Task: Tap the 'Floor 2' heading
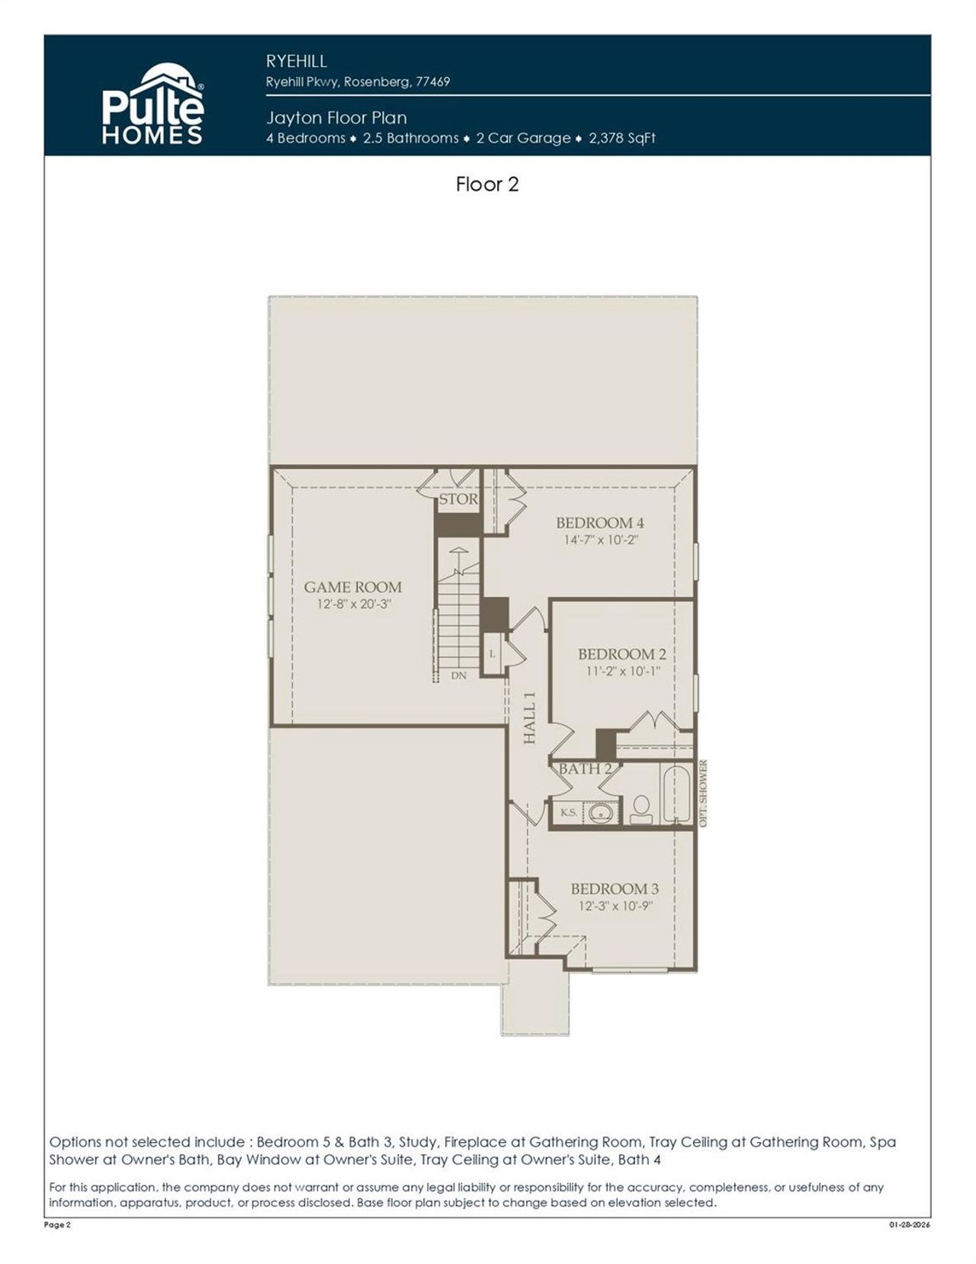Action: click(487, 184)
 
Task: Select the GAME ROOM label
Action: click(352, 587)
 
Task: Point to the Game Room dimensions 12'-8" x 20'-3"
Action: click(354, 605)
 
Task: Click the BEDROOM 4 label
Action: click(599, 523)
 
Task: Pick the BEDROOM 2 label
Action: click(621, 654)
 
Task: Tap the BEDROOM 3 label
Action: click(615, 889)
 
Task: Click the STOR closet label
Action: click(457, 499)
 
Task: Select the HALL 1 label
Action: click(530, 717)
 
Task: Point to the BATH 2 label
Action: click(585, 768)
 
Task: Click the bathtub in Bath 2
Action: click(676, 794)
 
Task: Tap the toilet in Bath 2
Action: click(641, 810)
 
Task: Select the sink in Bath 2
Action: click(602, 813)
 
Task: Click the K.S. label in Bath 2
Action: click(569, 813)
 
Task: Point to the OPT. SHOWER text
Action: click(703, 793)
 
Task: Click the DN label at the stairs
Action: click(458, 675)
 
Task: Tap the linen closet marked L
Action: click(492, 654)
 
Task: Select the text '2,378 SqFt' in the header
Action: click(622, 138)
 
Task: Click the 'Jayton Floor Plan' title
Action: click(336, 117)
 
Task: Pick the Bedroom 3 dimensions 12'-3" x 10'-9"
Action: click(615, 906)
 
